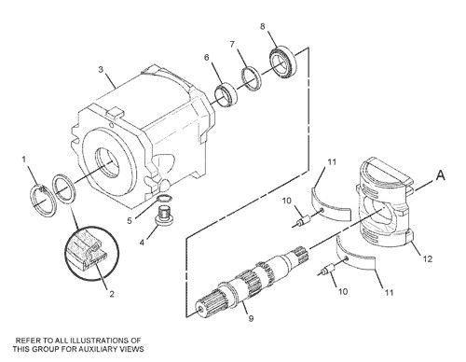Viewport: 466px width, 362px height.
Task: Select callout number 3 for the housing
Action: (x=101, y=68)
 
